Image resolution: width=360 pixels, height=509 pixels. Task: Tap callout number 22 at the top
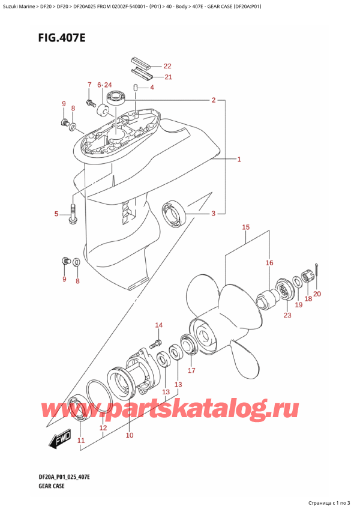(x=167, y=66)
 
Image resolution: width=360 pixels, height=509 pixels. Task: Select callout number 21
(x=167, y=77)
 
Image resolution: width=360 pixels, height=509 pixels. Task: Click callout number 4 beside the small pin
(x=152, y=88)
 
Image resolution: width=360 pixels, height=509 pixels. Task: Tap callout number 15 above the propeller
(x=245, y=227)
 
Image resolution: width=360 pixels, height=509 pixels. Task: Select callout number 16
(x=269, y=263)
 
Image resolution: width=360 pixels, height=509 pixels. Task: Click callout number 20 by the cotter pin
(x=317, y=294)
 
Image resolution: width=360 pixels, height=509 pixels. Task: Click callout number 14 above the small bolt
(x=158, y=326)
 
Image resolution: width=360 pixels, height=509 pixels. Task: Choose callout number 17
(x=191, y=370)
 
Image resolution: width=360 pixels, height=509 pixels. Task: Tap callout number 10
(x=129, y=435)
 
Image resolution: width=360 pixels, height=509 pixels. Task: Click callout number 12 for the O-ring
(x=103, y=428)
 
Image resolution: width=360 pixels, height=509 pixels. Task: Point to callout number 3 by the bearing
(x=212, y=214)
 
